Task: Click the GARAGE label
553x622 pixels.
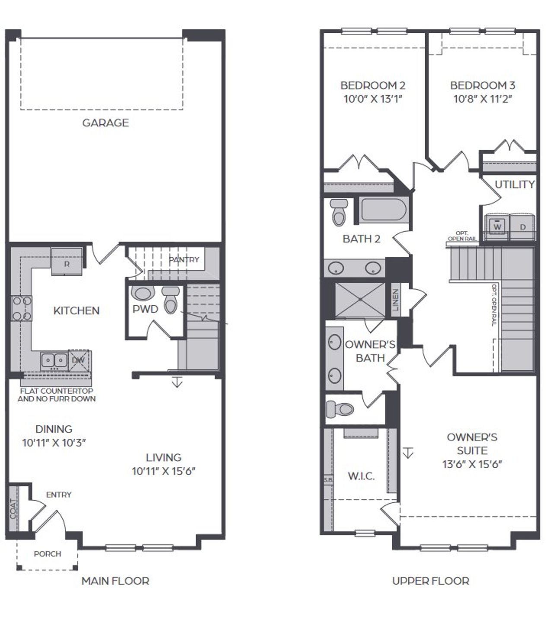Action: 105,123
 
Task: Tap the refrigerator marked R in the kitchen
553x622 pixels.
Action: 67,262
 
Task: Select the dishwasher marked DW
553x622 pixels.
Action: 79,360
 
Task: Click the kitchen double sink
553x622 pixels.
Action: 54,360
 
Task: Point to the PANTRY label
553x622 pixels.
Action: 184,260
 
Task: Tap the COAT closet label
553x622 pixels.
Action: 13,509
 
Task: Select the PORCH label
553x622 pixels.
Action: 48,554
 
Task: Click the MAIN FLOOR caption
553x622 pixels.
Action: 115,581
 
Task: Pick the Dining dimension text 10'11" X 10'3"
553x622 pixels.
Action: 54,443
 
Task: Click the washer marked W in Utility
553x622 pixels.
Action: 498,226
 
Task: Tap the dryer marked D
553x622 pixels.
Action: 522,226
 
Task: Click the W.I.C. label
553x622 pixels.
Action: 361,476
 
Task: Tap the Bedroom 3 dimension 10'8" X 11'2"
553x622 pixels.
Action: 483,99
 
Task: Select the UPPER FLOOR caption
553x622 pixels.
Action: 431,581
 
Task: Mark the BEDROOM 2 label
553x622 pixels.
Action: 373,85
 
